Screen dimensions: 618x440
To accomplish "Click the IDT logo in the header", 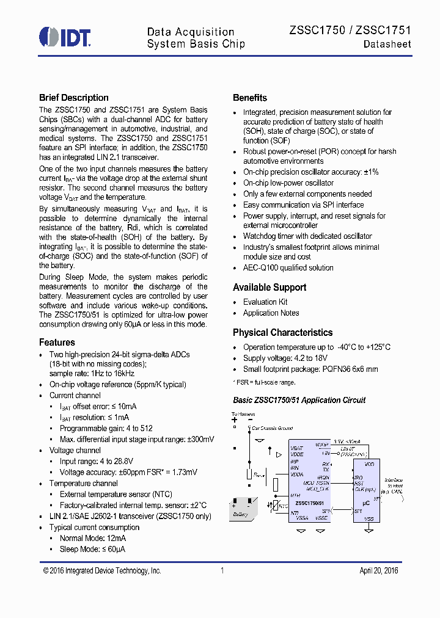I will pyautogui.click(x=65, y=37).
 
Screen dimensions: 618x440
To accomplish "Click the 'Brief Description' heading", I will pyautogui.click(x=74, y=98).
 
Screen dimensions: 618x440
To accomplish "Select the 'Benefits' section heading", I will pyautogui.click(x=250, y=98).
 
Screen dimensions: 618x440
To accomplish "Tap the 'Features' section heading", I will pyautogui.click(x=57, y=343).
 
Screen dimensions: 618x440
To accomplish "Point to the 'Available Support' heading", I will pyautogui.click(x=269, y=288).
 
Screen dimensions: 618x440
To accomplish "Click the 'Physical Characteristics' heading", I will pyautogui.click(x=282, y=333).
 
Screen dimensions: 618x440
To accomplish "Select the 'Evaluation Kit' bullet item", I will pyautogui.click(x=265, y=302).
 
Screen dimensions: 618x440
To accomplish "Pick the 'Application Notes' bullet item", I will pyautogui.click(x=271, y=313).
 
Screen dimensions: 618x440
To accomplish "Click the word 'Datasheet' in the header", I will pyautogui.click(x=387, y=45).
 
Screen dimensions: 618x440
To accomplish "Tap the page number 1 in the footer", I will pyautogui.click(x=222, y=570).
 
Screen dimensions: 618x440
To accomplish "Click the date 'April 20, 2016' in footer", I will pyautogui.click(x=378, y=570).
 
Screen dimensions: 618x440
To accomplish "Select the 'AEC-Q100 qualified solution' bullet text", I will pyautogui.click(x=288, y=267).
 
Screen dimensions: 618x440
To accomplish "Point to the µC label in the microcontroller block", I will pyautogui.click(x=366, y=503).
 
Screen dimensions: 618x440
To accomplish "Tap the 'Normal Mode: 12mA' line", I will pyautogui.click(x=93, y=538).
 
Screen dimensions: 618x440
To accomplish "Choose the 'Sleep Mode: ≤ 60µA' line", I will pyautogui.click(x=92, y=549).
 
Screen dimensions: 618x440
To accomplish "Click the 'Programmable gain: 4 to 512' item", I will pyautogui.click(x=106, y=428).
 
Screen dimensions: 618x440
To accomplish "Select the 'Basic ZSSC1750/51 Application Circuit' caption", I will pyautogui.click(x=299, y=400).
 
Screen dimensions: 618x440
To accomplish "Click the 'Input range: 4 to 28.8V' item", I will pyautogui.click(x=96, y=461).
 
